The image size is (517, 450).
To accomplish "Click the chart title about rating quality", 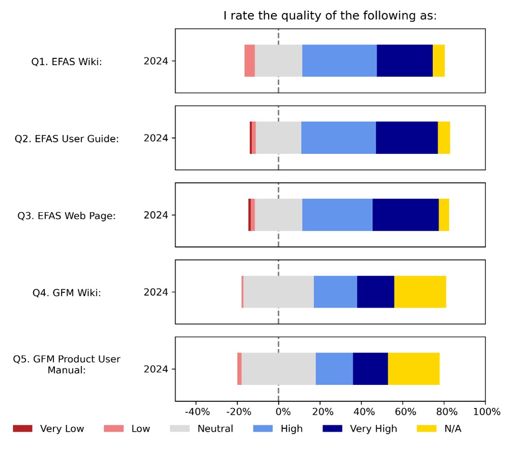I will tap(330, 15).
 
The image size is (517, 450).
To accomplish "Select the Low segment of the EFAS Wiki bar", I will tap(249, 61).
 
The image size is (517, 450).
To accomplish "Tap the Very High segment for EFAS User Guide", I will tap(407, 138).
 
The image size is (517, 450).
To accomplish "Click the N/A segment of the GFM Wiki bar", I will tap(420, 292).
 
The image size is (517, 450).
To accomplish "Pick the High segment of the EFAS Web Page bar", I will tap(337, 215).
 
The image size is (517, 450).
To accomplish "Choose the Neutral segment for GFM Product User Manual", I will tap(278, 369).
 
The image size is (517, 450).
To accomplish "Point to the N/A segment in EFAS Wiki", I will tap(438, 61).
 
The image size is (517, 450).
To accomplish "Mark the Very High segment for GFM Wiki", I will tap(375, 292).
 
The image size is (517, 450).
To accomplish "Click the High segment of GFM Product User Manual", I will tap(334, 369).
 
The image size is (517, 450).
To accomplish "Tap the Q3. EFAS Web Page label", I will tap(67, 216).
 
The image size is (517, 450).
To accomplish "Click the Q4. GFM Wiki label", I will tap(67, 292).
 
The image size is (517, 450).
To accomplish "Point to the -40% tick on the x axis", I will tap(198, 412).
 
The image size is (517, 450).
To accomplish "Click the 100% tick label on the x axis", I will tap(487, 412).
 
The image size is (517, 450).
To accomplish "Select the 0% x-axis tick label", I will tap(283, 412).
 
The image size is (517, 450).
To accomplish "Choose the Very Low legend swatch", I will tap(23, 428).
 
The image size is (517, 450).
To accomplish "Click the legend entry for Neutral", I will tap(215, 428).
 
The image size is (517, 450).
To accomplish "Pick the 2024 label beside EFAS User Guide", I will tap(156, 138).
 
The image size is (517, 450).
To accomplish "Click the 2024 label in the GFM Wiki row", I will tap(156, 292).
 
